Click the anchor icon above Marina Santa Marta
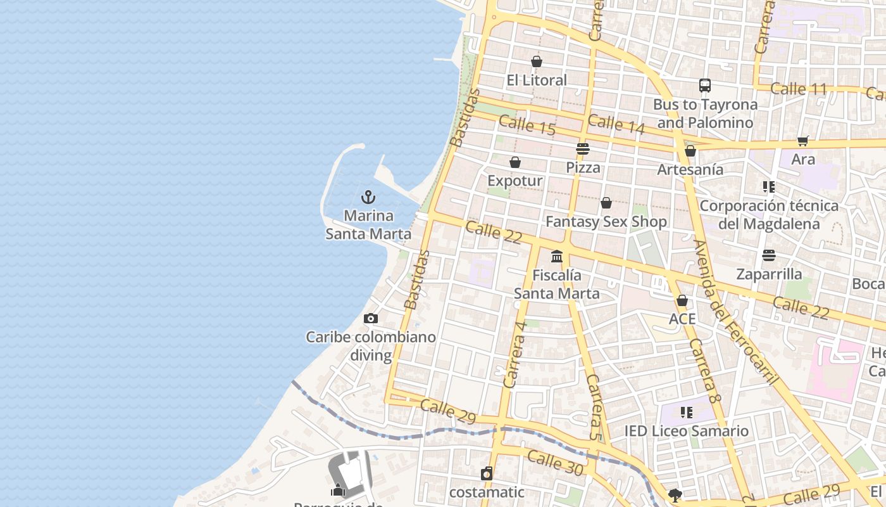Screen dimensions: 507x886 click(368, 197)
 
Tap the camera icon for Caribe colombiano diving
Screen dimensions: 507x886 click(371, 318)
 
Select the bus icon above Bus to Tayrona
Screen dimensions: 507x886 click(704, 86)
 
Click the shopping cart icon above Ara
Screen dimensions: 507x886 click(802, 141)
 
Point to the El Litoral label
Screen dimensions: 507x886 click(537, 80)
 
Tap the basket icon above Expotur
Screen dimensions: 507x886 click(515, 163)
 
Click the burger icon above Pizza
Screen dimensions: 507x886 click(583, 149)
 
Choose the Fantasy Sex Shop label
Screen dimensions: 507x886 click(606, 221)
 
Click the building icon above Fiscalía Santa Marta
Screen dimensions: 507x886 click(557, 257)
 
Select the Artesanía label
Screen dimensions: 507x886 click(690, 169)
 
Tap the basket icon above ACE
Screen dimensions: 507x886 click(682, 300)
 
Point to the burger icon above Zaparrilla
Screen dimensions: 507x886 click(769, 255)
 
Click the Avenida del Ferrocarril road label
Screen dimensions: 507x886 click(735, 312)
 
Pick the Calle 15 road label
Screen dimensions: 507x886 click(527, 125)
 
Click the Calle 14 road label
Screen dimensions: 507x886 click(616, 124)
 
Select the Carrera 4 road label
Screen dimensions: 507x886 click(515, 354)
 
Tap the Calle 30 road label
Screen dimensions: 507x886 click(555, 463)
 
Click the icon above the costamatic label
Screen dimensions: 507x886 click(486, 473)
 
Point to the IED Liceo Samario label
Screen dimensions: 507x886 click(686, 431)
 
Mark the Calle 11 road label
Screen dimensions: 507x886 click(799, 89)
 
